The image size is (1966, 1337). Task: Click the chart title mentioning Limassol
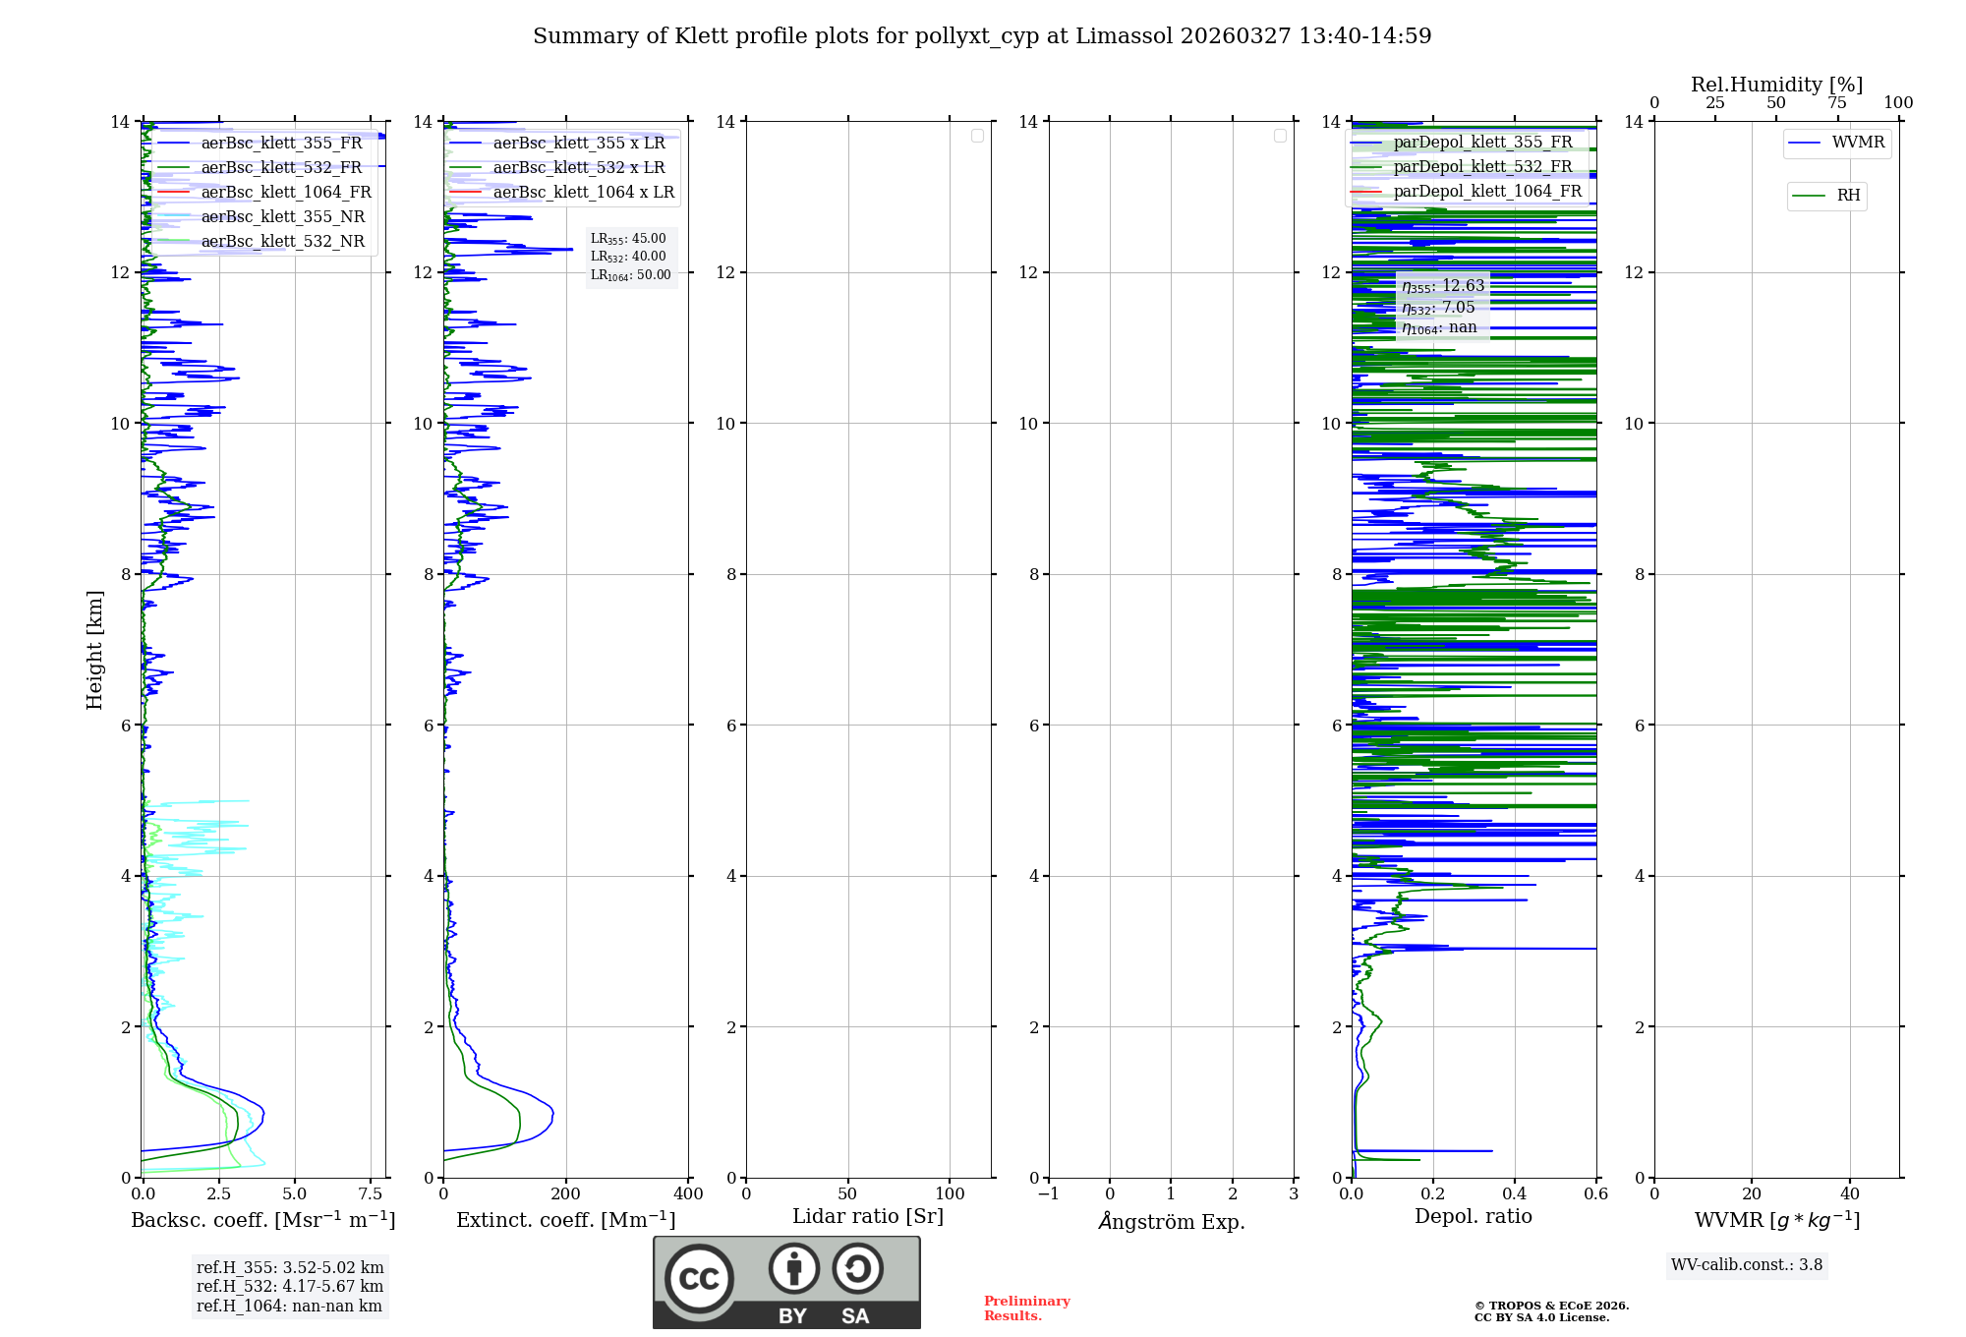point(982,36)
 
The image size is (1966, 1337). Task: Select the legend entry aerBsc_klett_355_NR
point(282,216)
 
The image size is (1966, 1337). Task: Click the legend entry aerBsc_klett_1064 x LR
point(583,192)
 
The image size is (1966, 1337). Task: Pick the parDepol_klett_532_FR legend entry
point(1482,166)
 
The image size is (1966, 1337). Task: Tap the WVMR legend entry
point(1858,143)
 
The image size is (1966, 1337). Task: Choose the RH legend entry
point(1848,196)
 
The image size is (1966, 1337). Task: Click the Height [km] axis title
point(94,649)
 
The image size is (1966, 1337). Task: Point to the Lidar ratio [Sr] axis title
point(868,1216)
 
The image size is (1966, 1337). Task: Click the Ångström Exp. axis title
point(1172,1221)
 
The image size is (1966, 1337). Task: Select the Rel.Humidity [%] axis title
point(1776,85)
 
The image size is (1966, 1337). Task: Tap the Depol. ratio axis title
point(1473,1216)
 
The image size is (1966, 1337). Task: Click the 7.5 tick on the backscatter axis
point(371,1193)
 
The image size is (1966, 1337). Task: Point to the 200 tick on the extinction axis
point(566,1193)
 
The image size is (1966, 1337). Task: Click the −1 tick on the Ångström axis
point(1049,1193)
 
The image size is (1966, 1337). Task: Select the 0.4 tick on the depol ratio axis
point(1515,1193)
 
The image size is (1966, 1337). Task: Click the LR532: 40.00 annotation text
point(628,257)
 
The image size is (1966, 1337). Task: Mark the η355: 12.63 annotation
point(1443,286)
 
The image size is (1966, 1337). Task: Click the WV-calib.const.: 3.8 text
point(1747,1265)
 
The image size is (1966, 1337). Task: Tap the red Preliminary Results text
point(1026,1308)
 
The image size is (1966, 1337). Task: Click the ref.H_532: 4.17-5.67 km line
point(290,1286)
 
